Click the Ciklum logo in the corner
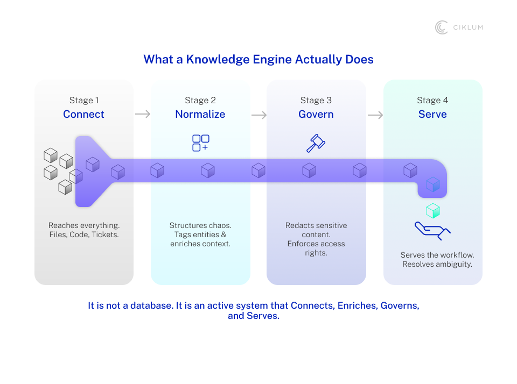click(x=459, y=27)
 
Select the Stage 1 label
click(x=84, y=100)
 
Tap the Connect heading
click(x=83, y=114)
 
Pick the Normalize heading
click(x=200, y=114)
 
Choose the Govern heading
click(x=316, y=114)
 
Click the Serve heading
click(x=432, y=114)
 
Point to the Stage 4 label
click(x=432, y=100)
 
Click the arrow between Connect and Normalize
click(x=143, y=114)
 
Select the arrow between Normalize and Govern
click(x=259, y=115)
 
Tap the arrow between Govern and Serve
click(x=375, y=115)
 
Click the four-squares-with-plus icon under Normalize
click(x=200, y=143)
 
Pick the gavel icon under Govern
click(x=316, y=143)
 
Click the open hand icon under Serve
click(x=432, y=230)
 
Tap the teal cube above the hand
click(x=433, y=210)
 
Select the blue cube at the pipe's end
click(x=433, y=185)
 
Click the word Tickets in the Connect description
click(x=105, y=234)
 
